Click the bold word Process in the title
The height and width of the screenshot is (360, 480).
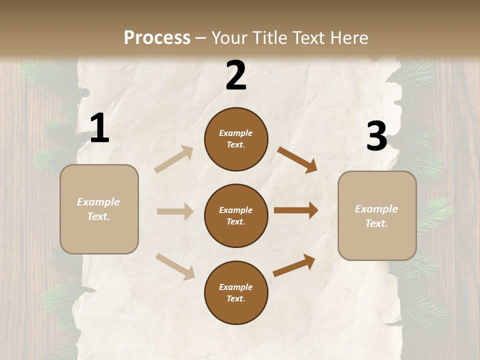point(157,38)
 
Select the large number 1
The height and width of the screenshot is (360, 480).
point(99,128)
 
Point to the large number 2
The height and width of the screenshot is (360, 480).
point(236,75)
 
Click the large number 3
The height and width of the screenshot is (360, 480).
point(376,136)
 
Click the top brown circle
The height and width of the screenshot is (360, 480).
point(236,139)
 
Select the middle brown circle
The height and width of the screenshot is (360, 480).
point(236,215)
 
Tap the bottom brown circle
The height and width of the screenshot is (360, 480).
point(236,292)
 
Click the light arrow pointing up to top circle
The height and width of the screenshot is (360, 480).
point(174,159)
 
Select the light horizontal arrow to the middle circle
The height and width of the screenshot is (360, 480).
point(175,211)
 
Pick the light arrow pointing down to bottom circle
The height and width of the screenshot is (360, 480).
point(175,266)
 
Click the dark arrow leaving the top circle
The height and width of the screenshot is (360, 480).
point(297,160)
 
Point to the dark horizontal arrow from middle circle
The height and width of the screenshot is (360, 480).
point(295,210)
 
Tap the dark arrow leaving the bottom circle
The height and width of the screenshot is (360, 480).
point(294,265)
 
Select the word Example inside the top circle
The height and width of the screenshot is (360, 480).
point(236,133)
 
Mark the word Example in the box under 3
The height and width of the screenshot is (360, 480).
point(376,209)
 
